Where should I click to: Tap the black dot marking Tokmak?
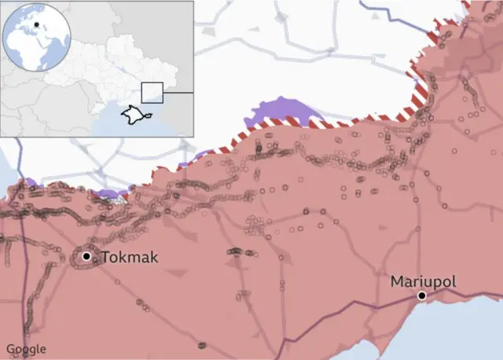[86, 256]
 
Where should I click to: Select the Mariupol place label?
[423, 281]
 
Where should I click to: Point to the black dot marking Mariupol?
[422, 296]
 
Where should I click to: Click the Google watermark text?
[26, 349]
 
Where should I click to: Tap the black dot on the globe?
[36, 25]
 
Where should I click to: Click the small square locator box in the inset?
[152, 92]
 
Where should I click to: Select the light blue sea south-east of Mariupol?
[464, 330]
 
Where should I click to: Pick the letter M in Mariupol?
[397, 281]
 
